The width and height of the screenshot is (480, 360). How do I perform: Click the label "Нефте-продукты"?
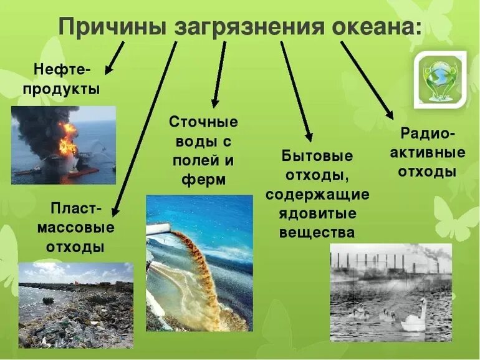60,79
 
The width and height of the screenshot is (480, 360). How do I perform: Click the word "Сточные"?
203,121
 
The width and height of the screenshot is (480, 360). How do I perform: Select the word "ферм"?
203,180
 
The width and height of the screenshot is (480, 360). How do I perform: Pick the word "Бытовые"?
317,155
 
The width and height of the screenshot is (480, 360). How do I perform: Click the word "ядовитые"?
317,213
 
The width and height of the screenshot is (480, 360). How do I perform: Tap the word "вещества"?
317,233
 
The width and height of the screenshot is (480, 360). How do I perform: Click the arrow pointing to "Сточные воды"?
218,75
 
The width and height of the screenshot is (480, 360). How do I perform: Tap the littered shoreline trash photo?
75,305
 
